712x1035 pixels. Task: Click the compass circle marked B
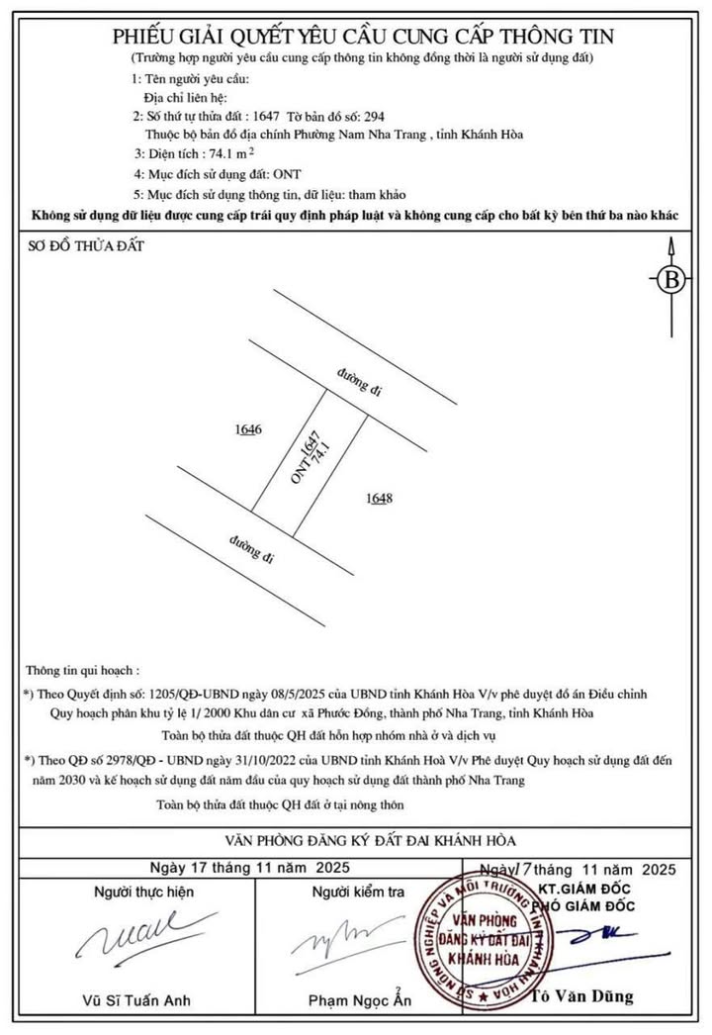pyautogui.click(x=672, y=279)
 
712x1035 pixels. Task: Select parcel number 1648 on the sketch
pyautogui.click(x=379, y=498)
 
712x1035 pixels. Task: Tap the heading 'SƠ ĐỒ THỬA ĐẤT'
pyautogui.click(x=86, y=245)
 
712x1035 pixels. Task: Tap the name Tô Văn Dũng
pyautogui.click(x=583, y=995)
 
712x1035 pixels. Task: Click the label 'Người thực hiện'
pyautogui.click(x=143, y=892)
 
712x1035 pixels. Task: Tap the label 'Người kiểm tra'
pyautogui.click(x=358, y=892)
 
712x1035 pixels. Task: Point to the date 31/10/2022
pyautogui.click(x=252, y=759)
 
